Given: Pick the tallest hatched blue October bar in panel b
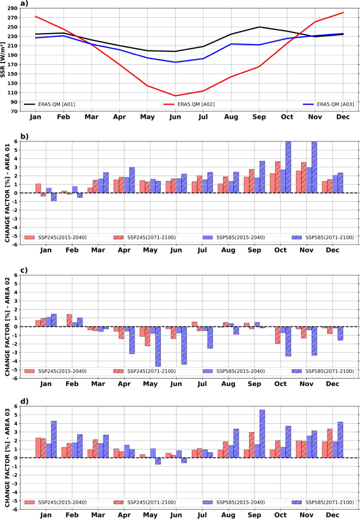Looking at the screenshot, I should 288,167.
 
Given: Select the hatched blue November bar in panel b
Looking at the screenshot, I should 314,167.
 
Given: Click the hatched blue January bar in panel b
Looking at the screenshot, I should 54,197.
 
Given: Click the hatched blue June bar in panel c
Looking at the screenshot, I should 184,345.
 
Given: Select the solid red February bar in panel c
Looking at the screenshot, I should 69,320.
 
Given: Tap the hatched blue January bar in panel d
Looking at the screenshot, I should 54,432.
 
